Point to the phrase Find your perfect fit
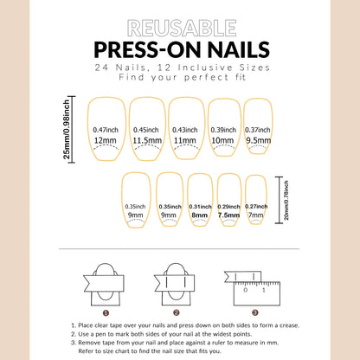[x=179, y=79]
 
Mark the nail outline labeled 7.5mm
[x=229, y=205]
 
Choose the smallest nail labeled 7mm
[x=257, y=205]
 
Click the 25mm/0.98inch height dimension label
[x=81, y=127]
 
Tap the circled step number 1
[x=106, y=313]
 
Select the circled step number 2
[x=175, y=313]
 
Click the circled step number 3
[x=254, y=313]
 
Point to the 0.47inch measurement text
[x=106, y=130]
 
